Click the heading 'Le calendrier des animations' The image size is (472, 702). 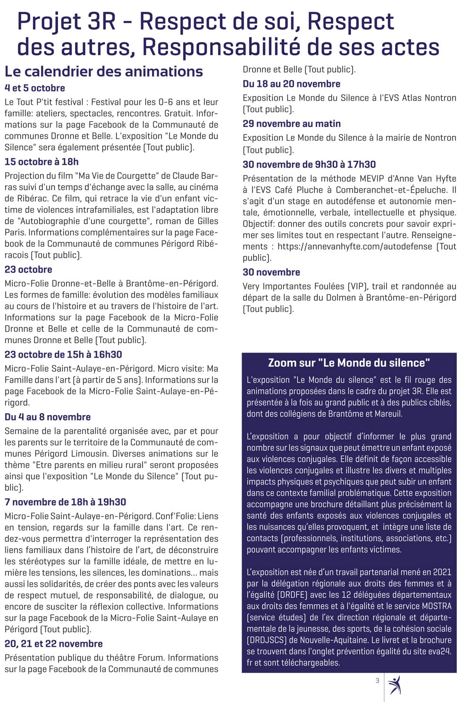pyautogui.click(x=104, y=72)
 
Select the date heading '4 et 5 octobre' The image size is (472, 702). pyautogui.click(x=35, y=88)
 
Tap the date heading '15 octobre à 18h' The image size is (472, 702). pyautogui.click(x=42, y=162)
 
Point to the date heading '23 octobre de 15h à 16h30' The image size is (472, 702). pyautogui.click(x=63, y=355)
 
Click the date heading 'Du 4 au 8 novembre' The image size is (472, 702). pyautogui.click(x=48, y=417)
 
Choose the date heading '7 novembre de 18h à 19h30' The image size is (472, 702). pyautogui.click(x=65, y=502)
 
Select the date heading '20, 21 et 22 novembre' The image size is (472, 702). pyautogui.click(x=53, y=644)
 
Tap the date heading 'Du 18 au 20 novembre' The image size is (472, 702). pyautogui.click(x=291, y=84)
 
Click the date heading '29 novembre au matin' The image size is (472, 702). pyautogui.click(x=291, y=124)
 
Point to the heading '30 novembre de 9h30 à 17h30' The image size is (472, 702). pyautogui.click(x=309, y=165)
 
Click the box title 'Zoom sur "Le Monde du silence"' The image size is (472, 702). pyautogui.click(x=349, y=363)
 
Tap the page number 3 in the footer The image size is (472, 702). pyautogui.click(x=377, y=680)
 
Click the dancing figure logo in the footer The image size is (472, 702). pyautogui.click(x=394, y=685)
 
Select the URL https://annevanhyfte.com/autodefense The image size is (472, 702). pyautogui.click(x=354, y=246)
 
